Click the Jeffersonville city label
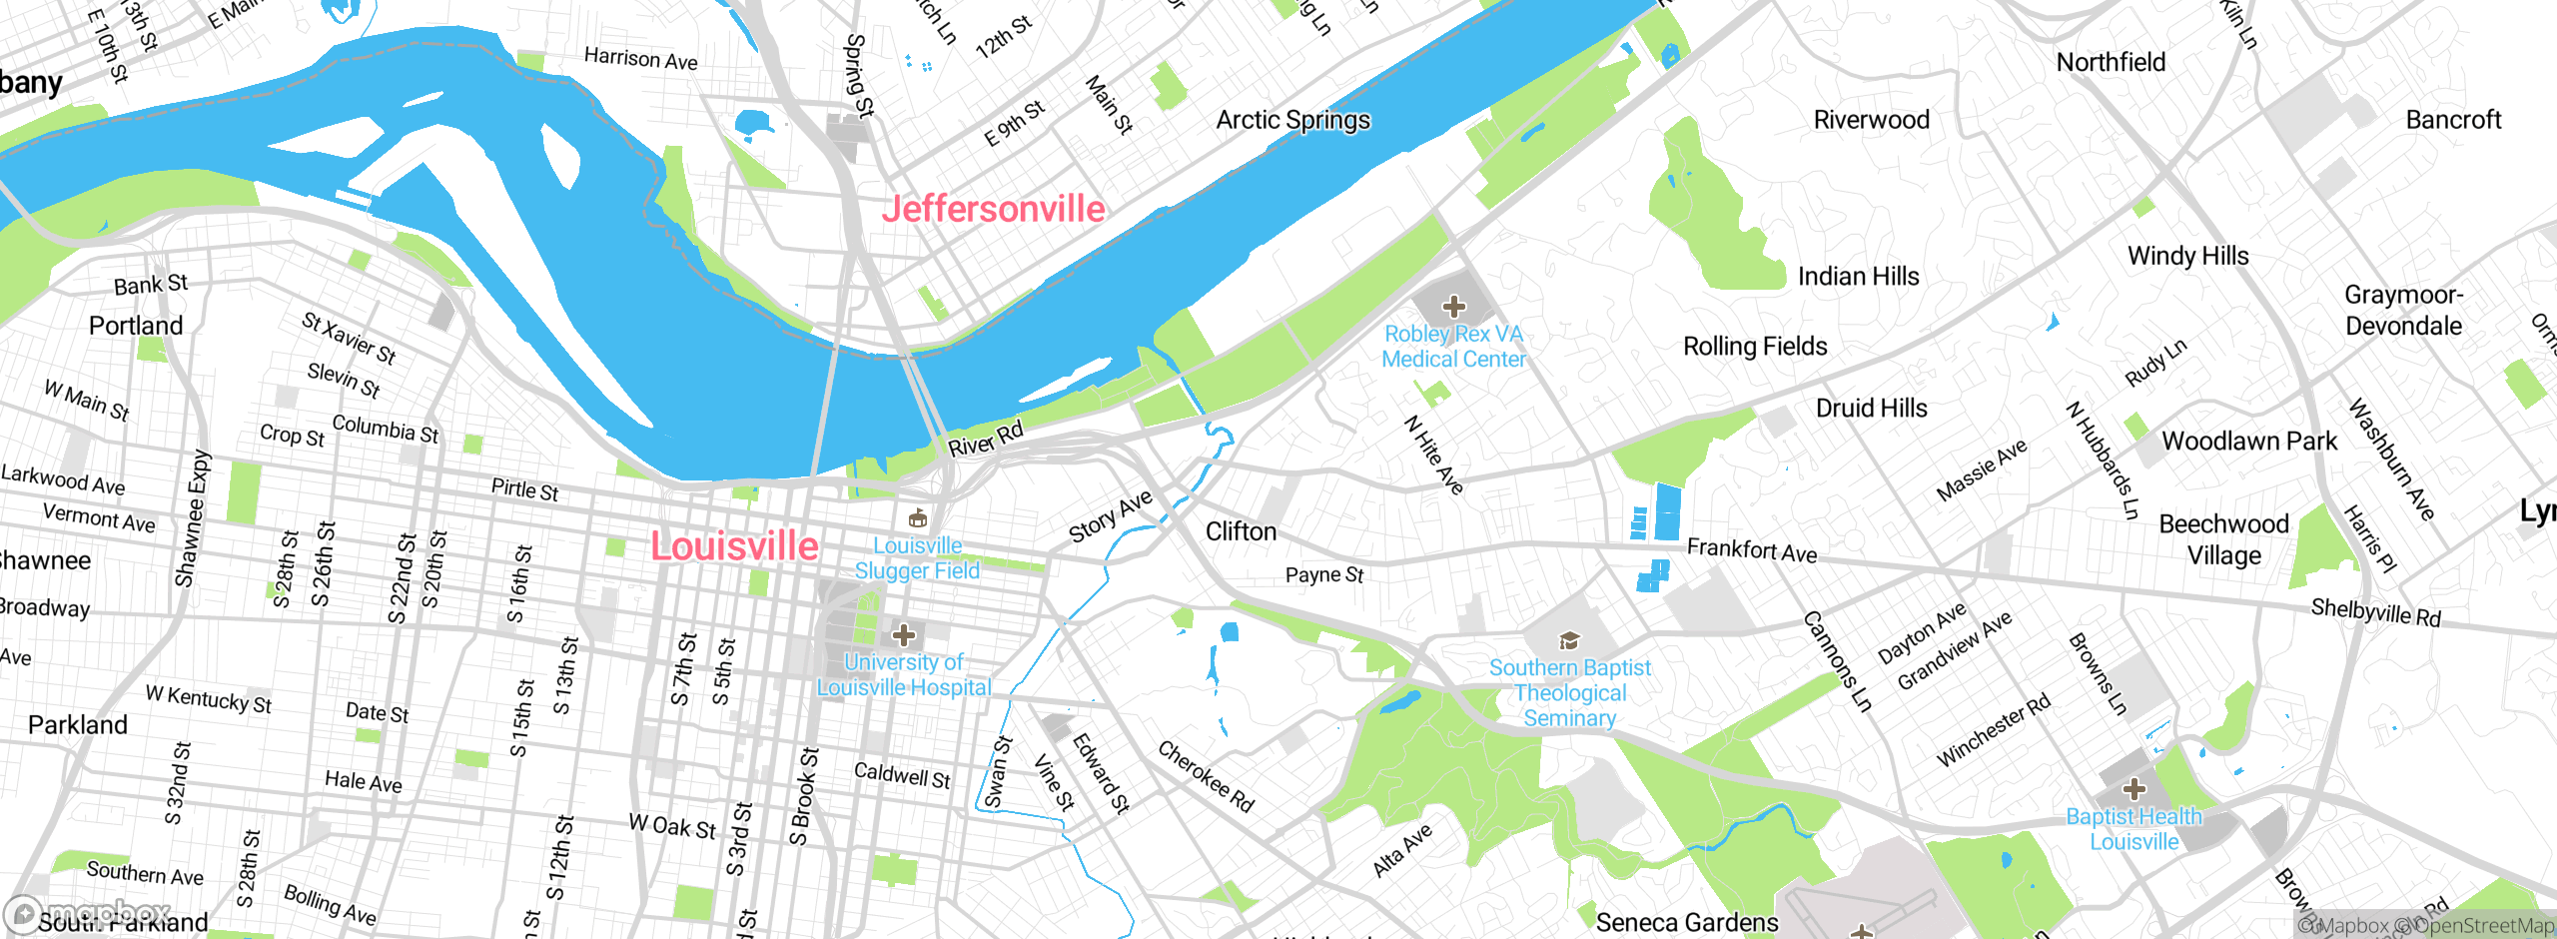point(993,209)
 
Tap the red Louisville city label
point(734,546)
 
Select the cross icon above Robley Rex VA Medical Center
point(1454,307)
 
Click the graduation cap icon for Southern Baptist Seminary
point(1569,640)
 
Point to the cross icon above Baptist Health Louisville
point(2134,789)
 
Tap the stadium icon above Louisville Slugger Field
point(917,518)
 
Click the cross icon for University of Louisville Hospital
point(904,635)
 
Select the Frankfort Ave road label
point(1752,550)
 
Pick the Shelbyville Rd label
point(2375,611)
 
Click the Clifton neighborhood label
point(1241,531)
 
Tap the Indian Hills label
point(1858,276)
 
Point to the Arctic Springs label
point(1292,120)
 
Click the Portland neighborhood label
point(136,326)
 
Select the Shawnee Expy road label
point(193,518)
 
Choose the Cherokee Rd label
point(1205,776)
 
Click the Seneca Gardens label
point(1686,921)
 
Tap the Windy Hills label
point(2187,256)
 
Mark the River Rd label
point(985,439)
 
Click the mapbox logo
point(88,912)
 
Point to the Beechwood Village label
point(2223,539)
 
